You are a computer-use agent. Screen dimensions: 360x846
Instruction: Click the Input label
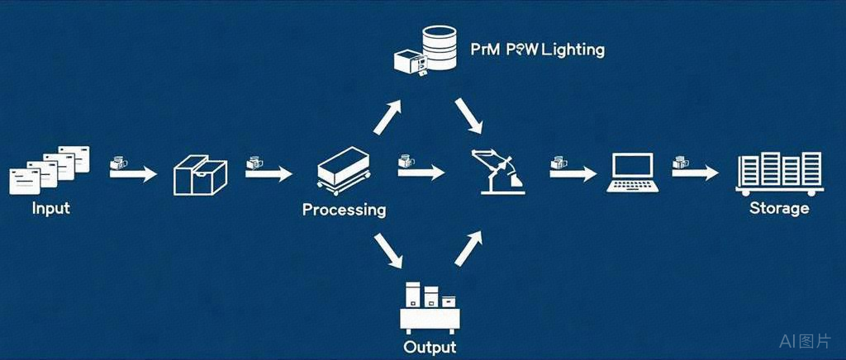click(50, 207)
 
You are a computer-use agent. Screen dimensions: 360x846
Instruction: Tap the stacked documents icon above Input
click(50, 170)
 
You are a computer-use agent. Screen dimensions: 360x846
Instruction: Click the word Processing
click(344, 210)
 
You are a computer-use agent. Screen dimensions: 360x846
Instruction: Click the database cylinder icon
click(437, 47)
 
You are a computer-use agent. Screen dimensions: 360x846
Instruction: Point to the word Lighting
click(573, 50)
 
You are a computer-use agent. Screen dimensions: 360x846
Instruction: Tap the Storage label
click(778, 208)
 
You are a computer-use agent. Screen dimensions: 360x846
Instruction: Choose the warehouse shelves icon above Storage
click(779, 173)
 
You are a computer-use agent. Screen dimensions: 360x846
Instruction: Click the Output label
click(429, 347)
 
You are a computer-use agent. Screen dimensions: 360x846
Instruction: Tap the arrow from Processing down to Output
click(389, 252)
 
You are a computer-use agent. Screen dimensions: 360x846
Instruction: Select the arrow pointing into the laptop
click(578, 174)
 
